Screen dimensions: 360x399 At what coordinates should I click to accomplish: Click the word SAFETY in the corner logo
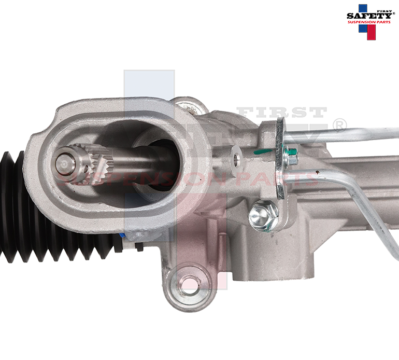point(369,16)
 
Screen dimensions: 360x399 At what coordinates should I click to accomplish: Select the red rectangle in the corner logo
point(371,33)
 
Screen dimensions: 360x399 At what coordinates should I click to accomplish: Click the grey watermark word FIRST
point(282,113)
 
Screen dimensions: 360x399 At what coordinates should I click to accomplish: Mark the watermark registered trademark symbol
point(339,125)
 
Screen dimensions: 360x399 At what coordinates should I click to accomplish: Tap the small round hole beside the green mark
point(237,160)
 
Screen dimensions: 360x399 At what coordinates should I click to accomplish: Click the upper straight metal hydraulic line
point(342,136)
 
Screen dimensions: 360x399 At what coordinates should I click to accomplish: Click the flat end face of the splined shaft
point(65,162)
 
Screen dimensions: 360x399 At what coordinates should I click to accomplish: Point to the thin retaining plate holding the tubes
point(280,156)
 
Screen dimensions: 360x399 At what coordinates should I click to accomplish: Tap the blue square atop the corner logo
point(363,8)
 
